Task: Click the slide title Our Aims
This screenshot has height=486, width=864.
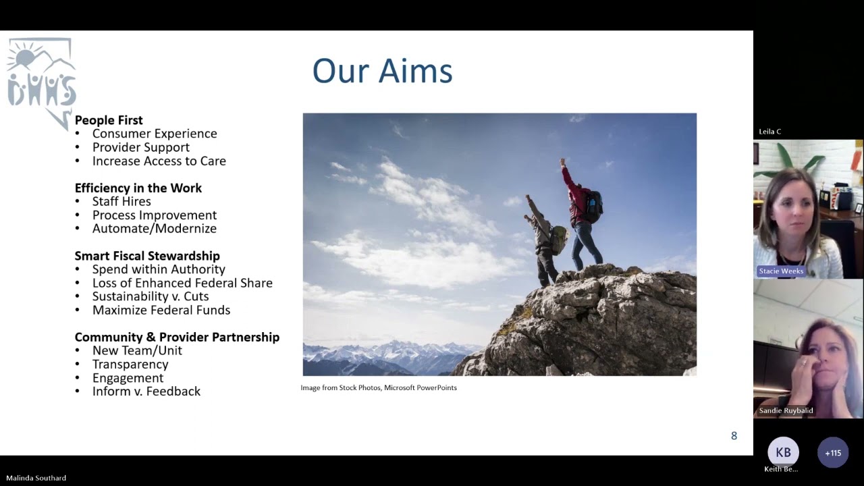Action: [x=382, y=72]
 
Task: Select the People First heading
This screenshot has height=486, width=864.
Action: [x=109, y=120]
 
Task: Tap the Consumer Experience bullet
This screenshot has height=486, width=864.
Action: [x=155, y=134]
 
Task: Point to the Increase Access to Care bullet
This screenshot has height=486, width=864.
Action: [x=159, y=161]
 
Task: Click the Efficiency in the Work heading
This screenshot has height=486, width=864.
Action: [x=138, y=188]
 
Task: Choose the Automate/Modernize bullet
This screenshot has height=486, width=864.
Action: [x=154, y=229]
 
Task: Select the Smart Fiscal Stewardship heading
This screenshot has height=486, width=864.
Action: [x=147, y=256]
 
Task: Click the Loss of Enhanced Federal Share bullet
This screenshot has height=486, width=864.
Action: [x=182, y=283]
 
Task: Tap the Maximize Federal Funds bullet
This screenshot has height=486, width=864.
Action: [x=161, y=310]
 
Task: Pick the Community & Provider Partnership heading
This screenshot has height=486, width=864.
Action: [x=177, y=337]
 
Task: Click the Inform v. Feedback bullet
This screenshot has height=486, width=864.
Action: [x=146, y=391]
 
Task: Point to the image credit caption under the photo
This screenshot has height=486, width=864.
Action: [x=379, y=387]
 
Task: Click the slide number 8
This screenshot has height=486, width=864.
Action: [x=734, y=436]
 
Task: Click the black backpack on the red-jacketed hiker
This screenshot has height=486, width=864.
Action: [x=593, y=207]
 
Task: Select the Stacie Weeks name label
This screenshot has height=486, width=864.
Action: [x=781, y=271]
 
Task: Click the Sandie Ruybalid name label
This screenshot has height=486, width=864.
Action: [x=786, y=410]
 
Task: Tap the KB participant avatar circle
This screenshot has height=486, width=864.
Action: [x=783, y=452]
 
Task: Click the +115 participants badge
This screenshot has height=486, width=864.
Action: [x=833, y=453]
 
